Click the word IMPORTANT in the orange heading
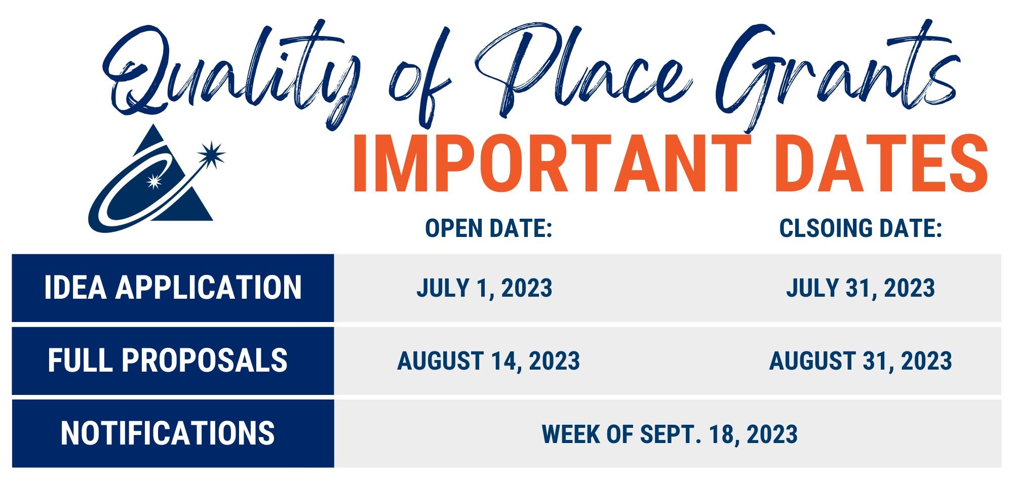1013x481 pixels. (x=551, y=163)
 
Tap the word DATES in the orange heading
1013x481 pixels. (x=882, y=163)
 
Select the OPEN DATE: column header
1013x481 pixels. (x=488, y=228)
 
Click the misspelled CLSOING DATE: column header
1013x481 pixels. (x=861, y=228)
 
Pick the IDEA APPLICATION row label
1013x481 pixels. (x=173, y=288)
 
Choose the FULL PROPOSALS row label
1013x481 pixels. (x=168, y=360)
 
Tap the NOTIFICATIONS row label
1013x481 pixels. (x=168, y=433)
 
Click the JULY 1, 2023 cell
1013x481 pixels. (x=484, y=288)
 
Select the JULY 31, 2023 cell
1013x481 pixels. (x=861, y=288)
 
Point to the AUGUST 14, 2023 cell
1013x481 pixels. (x=488, y=361)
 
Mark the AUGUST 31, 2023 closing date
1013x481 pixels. (x=861, y=361)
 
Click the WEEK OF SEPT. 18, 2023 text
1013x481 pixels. (x=670, y=434)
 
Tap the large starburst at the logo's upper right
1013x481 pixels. (x=211, y=154)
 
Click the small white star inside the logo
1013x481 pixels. (x=153, y=181)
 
